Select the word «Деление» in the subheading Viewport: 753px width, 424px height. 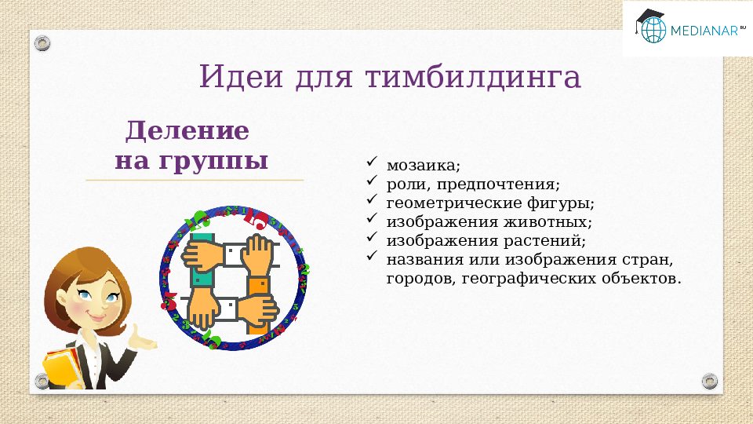point(188,130)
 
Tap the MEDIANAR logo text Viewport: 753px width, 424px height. point(703,31)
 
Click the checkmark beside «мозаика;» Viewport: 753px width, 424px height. point(372,164)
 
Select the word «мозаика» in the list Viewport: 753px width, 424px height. point(420,166)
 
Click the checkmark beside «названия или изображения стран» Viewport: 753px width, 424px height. point(372,257)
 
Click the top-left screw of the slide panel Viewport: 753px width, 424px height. point(44,42)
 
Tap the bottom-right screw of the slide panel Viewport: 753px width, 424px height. point(710,381)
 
